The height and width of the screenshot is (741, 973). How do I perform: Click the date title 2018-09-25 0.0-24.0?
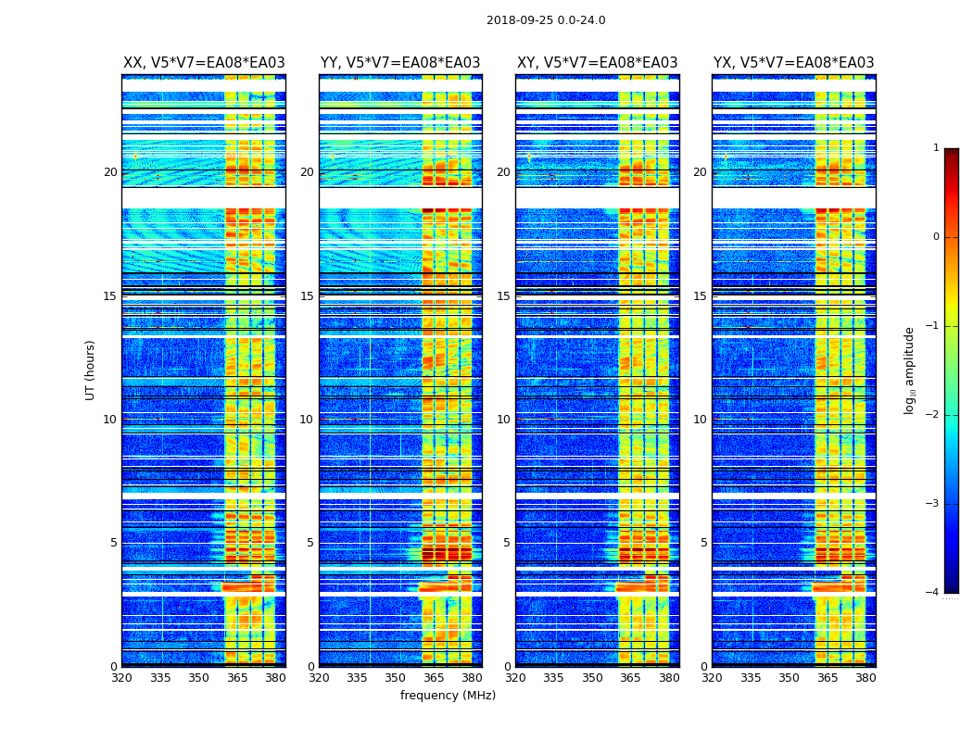546,20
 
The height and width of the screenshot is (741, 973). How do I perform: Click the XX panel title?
204,63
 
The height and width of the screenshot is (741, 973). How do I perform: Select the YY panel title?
400,63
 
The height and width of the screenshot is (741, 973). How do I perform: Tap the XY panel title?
597,63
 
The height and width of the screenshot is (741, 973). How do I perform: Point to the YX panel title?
793,63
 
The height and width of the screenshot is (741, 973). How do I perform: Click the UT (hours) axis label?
91,370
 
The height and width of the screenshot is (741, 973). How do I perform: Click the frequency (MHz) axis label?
448,696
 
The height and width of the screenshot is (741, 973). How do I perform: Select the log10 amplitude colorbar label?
910,370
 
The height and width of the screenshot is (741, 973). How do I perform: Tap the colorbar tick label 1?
936,148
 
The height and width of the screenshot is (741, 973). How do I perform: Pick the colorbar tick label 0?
936,237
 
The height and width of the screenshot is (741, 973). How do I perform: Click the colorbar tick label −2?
933,415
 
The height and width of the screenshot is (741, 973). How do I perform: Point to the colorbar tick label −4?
933,593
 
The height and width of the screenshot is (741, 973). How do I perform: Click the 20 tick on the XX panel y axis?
110,172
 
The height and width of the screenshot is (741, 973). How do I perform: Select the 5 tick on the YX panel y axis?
704,543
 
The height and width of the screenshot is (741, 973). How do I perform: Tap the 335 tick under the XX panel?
160,678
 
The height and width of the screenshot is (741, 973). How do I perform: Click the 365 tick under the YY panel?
435,678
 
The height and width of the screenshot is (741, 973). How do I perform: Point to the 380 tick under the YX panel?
866,678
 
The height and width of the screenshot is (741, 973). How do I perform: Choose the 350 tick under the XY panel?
592,678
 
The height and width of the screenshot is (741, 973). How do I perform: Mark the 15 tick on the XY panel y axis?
503,296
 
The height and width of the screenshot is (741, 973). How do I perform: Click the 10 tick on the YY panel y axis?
307,420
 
